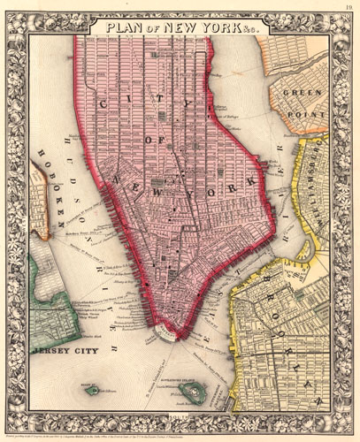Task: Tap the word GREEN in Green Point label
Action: [x=299, y=92]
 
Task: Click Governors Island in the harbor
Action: [x=191, y=390]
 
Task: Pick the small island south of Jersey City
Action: [x=92, y=389]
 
